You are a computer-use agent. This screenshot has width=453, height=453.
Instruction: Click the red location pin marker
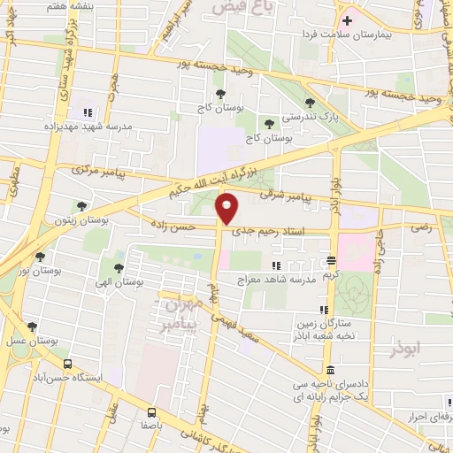point(228,209)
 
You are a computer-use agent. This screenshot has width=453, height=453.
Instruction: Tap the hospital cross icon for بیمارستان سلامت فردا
point(346,20)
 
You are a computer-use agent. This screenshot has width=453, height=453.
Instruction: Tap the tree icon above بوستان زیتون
point(81,205)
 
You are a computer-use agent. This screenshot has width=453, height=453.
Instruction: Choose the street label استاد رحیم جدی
point(268,233)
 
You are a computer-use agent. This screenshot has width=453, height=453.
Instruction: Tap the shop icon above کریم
point(331,261)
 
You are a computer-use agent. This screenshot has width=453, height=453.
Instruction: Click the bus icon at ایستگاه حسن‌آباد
point(67,364)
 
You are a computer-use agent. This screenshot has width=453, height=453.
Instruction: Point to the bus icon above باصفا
point(151,411)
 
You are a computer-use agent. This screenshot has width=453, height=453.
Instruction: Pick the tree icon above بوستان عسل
point(33,326)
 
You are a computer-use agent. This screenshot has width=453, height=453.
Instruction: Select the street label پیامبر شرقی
point(286,195)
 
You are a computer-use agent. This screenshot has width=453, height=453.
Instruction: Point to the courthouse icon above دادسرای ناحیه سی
point(330,370)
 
